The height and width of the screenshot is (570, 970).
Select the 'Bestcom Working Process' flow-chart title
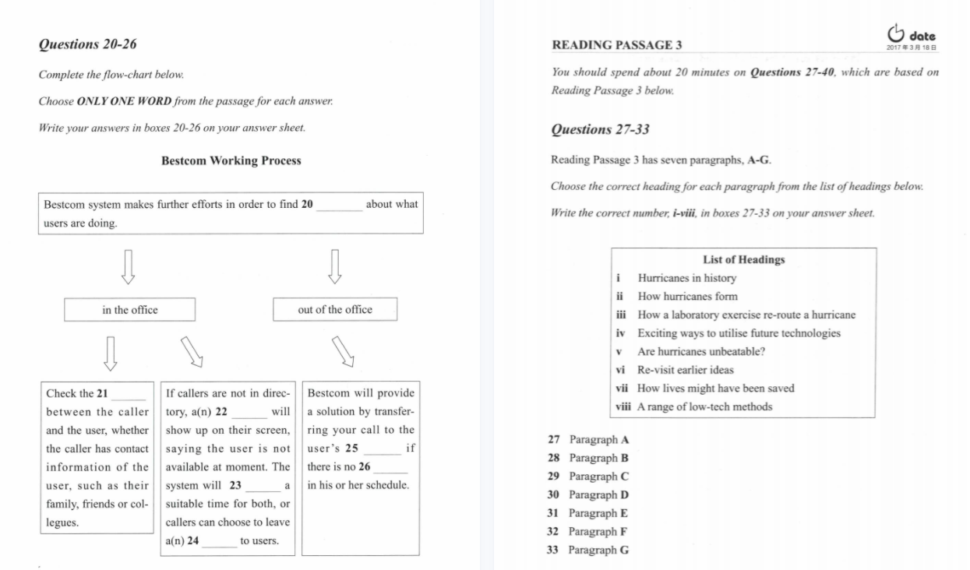231,161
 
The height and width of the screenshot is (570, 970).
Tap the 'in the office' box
129,310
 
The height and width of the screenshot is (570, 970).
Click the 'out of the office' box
335,310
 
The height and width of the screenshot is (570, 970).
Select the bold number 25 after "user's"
351,449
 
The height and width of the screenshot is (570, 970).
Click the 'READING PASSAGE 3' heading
616,45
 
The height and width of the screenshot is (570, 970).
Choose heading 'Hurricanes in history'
686,278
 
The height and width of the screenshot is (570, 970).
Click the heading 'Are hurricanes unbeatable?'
701,351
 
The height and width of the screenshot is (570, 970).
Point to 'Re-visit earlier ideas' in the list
686,370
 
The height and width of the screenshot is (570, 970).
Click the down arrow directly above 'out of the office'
335,266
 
